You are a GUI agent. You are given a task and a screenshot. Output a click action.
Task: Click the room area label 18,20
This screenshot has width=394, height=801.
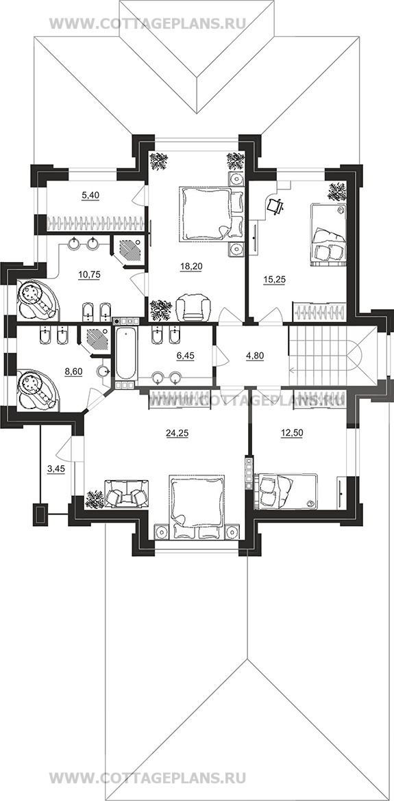[x=192, y=265]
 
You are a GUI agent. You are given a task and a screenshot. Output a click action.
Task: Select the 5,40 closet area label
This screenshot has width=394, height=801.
[x=90, y=194]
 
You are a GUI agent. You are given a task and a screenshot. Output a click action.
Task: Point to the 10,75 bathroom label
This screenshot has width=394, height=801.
[x=89, y=274]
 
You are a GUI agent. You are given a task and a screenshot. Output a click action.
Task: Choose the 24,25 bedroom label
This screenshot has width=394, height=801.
[x=176, y=433]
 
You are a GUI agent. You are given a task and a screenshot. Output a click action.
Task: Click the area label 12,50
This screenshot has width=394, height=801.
[x=291, y=433]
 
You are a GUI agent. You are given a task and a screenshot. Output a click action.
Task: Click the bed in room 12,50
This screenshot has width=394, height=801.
[x=286, y=491]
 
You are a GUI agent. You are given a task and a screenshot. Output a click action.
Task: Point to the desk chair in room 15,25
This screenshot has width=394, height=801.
[x=275, y=205]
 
